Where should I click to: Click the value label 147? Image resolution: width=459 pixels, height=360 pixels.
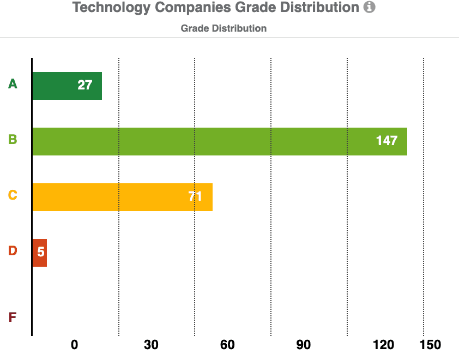click(386, 141)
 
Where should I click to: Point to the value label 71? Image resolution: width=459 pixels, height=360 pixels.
click(195, 196)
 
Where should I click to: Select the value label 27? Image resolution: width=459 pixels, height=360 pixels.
click(84, 85)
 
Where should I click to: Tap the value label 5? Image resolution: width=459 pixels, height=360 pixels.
click(40, 253)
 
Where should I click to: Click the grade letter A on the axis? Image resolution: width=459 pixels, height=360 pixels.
click(13, 84)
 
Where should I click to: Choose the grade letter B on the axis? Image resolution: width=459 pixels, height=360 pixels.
click(13, 140)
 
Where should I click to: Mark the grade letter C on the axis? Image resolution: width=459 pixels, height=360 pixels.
click(13, 195)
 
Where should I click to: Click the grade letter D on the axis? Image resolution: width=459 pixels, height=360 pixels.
click(13, 251)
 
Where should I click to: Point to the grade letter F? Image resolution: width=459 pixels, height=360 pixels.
click(13, 317)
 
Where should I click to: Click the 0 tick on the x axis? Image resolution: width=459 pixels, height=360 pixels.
click(75, 345)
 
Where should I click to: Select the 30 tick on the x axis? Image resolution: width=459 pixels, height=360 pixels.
click(151, 345)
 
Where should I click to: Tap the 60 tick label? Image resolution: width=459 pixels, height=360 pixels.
click(227, 345)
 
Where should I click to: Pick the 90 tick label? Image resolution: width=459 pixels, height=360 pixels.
click(304, 345)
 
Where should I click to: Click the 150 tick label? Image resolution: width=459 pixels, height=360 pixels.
click(431, 345)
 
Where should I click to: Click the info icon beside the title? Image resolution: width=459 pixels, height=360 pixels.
click(370, 8)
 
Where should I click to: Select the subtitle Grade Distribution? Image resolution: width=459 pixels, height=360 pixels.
click(224, 28)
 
